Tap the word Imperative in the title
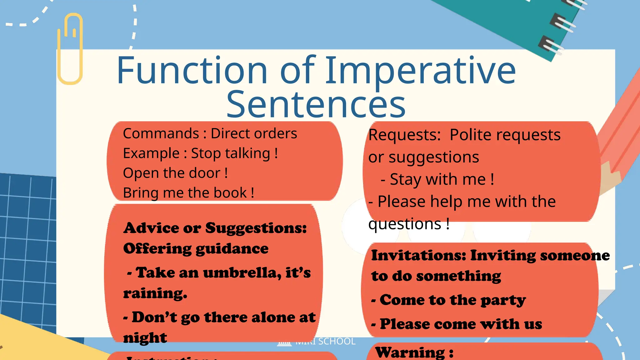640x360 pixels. (x=420, y=71)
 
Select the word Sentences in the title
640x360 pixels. (x=316, y=104)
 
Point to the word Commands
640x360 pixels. (x=161, y=134)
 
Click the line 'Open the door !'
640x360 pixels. (x=175, y=173)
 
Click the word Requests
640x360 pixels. (x=404, y=135)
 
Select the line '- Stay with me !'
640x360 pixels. (x=437, y=180)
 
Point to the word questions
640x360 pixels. (x=405, y=224)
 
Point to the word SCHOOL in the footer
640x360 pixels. (x=337, y=341)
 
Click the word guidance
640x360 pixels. (x=232, y=249)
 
